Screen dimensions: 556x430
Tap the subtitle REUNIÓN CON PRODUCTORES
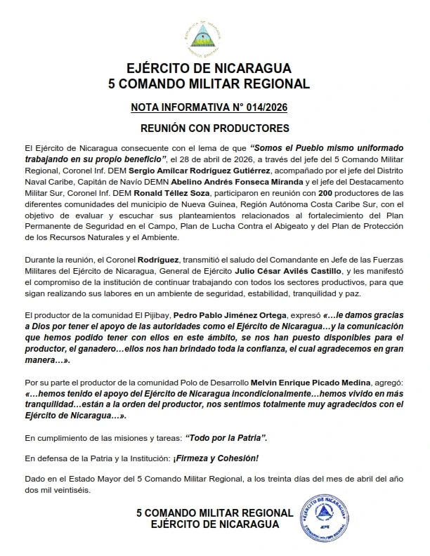click(215, 128)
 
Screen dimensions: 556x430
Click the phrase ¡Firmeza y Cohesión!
click(221, 458)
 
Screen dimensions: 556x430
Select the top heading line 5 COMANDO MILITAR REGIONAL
click(215, 84)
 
